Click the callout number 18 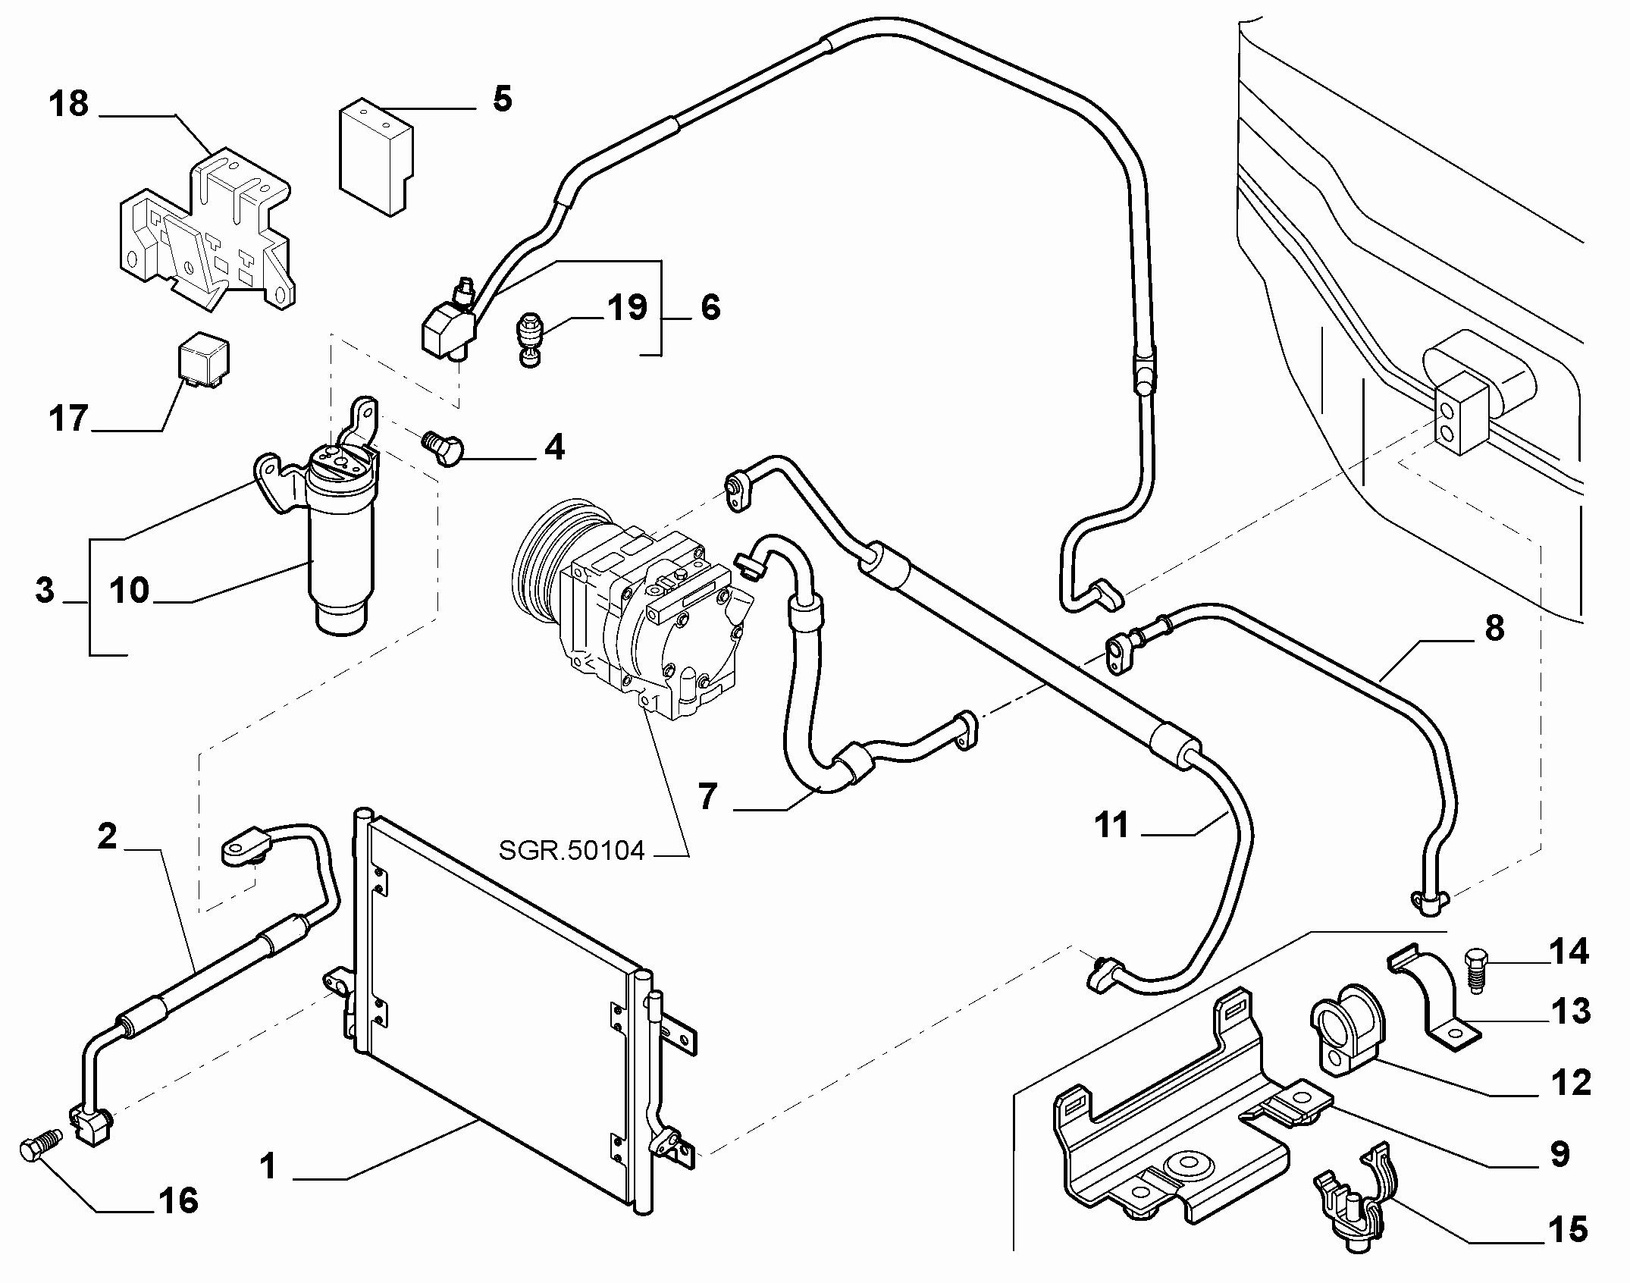coord(69,104)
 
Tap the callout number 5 coord(502,99)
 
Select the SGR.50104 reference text coord(572,850)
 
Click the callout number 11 coord(1112,826)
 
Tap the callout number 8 coord(1494,628)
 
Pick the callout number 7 coord(707,798)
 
